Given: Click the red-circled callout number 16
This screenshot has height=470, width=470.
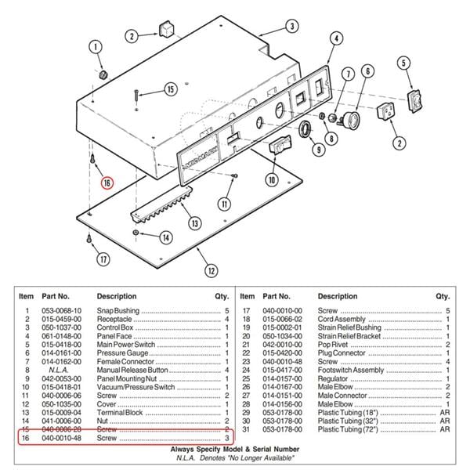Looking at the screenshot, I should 107,183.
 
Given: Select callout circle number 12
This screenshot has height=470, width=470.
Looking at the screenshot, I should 210,271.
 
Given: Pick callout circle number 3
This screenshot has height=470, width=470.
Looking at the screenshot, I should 291,26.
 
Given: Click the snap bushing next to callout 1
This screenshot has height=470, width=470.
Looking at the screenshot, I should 102,74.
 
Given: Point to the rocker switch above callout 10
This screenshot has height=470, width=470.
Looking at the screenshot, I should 280,146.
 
